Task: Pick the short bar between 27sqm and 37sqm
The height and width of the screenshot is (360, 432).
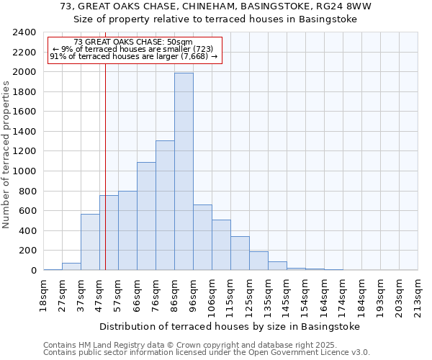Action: (71, 266)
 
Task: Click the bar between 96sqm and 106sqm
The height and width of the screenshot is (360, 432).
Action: (202, 237)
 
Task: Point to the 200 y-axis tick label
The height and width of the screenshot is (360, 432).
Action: (28, 251)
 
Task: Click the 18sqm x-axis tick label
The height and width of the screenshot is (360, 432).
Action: (43, 294)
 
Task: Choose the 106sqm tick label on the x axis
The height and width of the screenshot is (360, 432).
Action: (212, 295)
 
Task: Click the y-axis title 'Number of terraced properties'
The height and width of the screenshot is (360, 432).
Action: (6, 155)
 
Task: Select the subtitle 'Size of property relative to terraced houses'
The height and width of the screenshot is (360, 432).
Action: (215, 19)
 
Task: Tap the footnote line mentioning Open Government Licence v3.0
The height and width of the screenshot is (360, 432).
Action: (207, 353)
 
